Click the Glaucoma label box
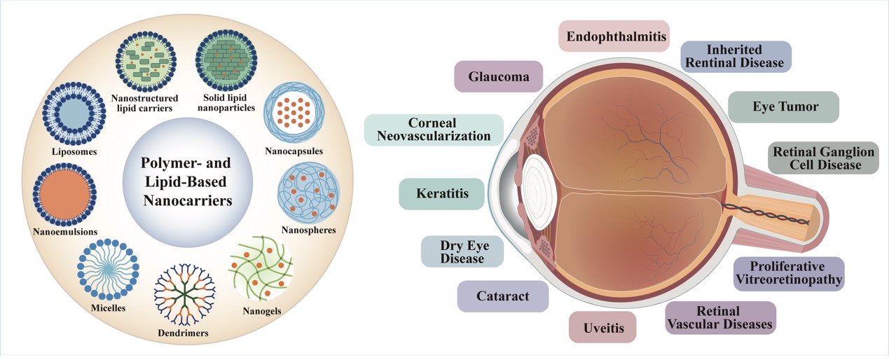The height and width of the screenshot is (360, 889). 498,76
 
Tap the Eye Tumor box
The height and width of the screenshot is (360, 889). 784,107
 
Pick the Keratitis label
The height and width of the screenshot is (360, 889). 441,193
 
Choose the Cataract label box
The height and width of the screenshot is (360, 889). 502,296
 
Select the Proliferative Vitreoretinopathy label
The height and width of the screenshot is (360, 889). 790,275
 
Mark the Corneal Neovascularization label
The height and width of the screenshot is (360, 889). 434,130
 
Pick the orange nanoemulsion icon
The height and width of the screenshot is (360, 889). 64,194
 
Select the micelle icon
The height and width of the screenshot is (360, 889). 108,268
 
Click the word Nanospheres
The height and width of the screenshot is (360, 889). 308,230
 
